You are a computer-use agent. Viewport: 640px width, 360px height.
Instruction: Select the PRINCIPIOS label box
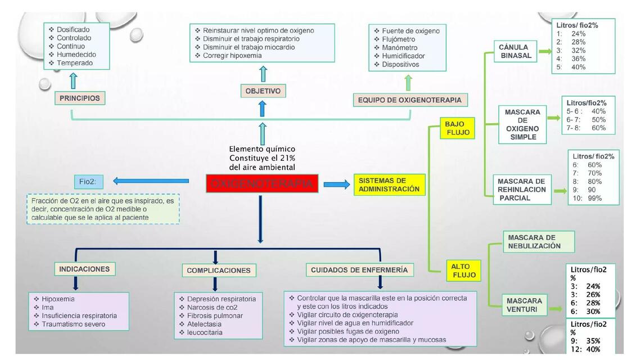79,98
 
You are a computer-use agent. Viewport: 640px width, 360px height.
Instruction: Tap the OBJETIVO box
263,91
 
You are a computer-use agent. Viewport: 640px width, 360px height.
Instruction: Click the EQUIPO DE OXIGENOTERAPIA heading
409,100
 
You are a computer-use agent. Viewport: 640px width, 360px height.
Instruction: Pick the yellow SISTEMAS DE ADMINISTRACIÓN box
389,184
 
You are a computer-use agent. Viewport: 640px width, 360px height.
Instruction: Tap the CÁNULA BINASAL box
514,51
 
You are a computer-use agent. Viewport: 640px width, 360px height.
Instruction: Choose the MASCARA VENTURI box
524,305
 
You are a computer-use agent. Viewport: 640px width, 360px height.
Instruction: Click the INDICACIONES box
84,269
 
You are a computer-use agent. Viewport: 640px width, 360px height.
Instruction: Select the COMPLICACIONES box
218,271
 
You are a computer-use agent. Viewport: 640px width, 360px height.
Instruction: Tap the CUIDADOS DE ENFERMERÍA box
359,270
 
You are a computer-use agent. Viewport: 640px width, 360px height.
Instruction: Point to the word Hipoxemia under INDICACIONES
58,299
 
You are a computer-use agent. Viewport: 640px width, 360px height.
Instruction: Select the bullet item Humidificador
403,56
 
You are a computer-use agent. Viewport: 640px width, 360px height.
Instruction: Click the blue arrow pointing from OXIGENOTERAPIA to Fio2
151,181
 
